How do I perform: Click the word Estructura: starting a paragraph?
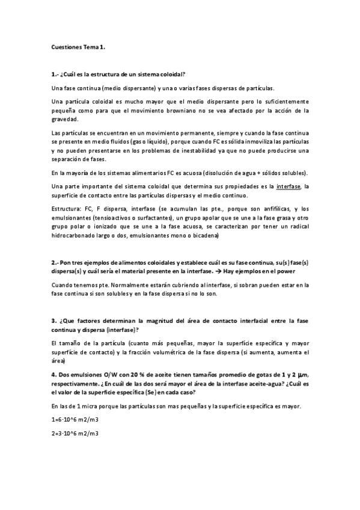[x=67, y=207]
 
